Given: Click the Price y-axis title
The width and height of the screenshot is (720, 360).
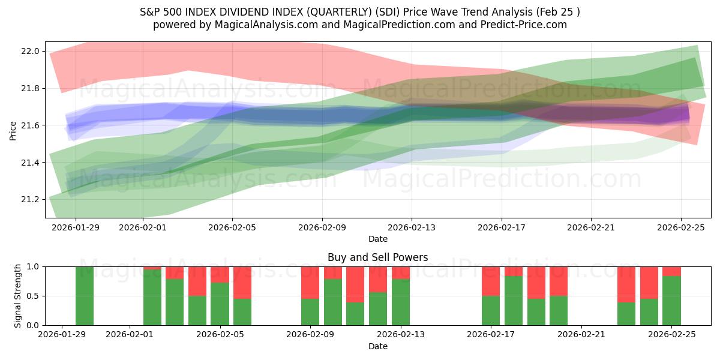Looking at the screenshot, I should point(13,130).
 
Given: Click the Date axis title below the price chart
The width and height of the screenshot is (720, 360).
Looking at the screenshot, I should point(378,239).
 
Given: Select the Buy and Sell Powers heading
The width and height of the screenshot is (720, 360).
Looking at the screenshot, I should point(378,257).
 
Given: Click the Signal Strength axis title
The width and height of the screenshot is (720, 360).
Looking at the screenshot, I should point(18,296).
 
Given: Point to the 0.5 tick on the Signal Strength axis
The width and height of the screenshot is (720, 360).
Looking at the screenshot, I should point(34,296).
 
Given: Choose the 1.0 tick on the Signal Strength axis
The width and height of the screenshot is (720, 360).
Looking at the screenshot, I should point(34,266).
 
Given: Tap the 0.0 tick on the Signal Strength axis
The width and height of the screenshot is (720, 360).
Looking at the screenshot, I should point(34,325).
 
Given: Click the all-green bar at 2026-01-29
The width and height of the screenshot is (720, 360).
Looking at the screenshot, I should point(85,296).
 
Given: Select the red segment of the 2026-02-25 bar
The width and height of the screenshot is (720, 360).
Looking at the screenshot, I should point(671,271).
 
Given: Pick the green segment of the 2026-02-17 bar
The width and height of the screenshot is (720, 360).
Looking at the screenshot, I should point(491,310).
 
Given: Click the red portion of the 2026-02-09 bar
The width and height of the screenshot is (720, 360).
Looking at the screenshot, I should point(310,282).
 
